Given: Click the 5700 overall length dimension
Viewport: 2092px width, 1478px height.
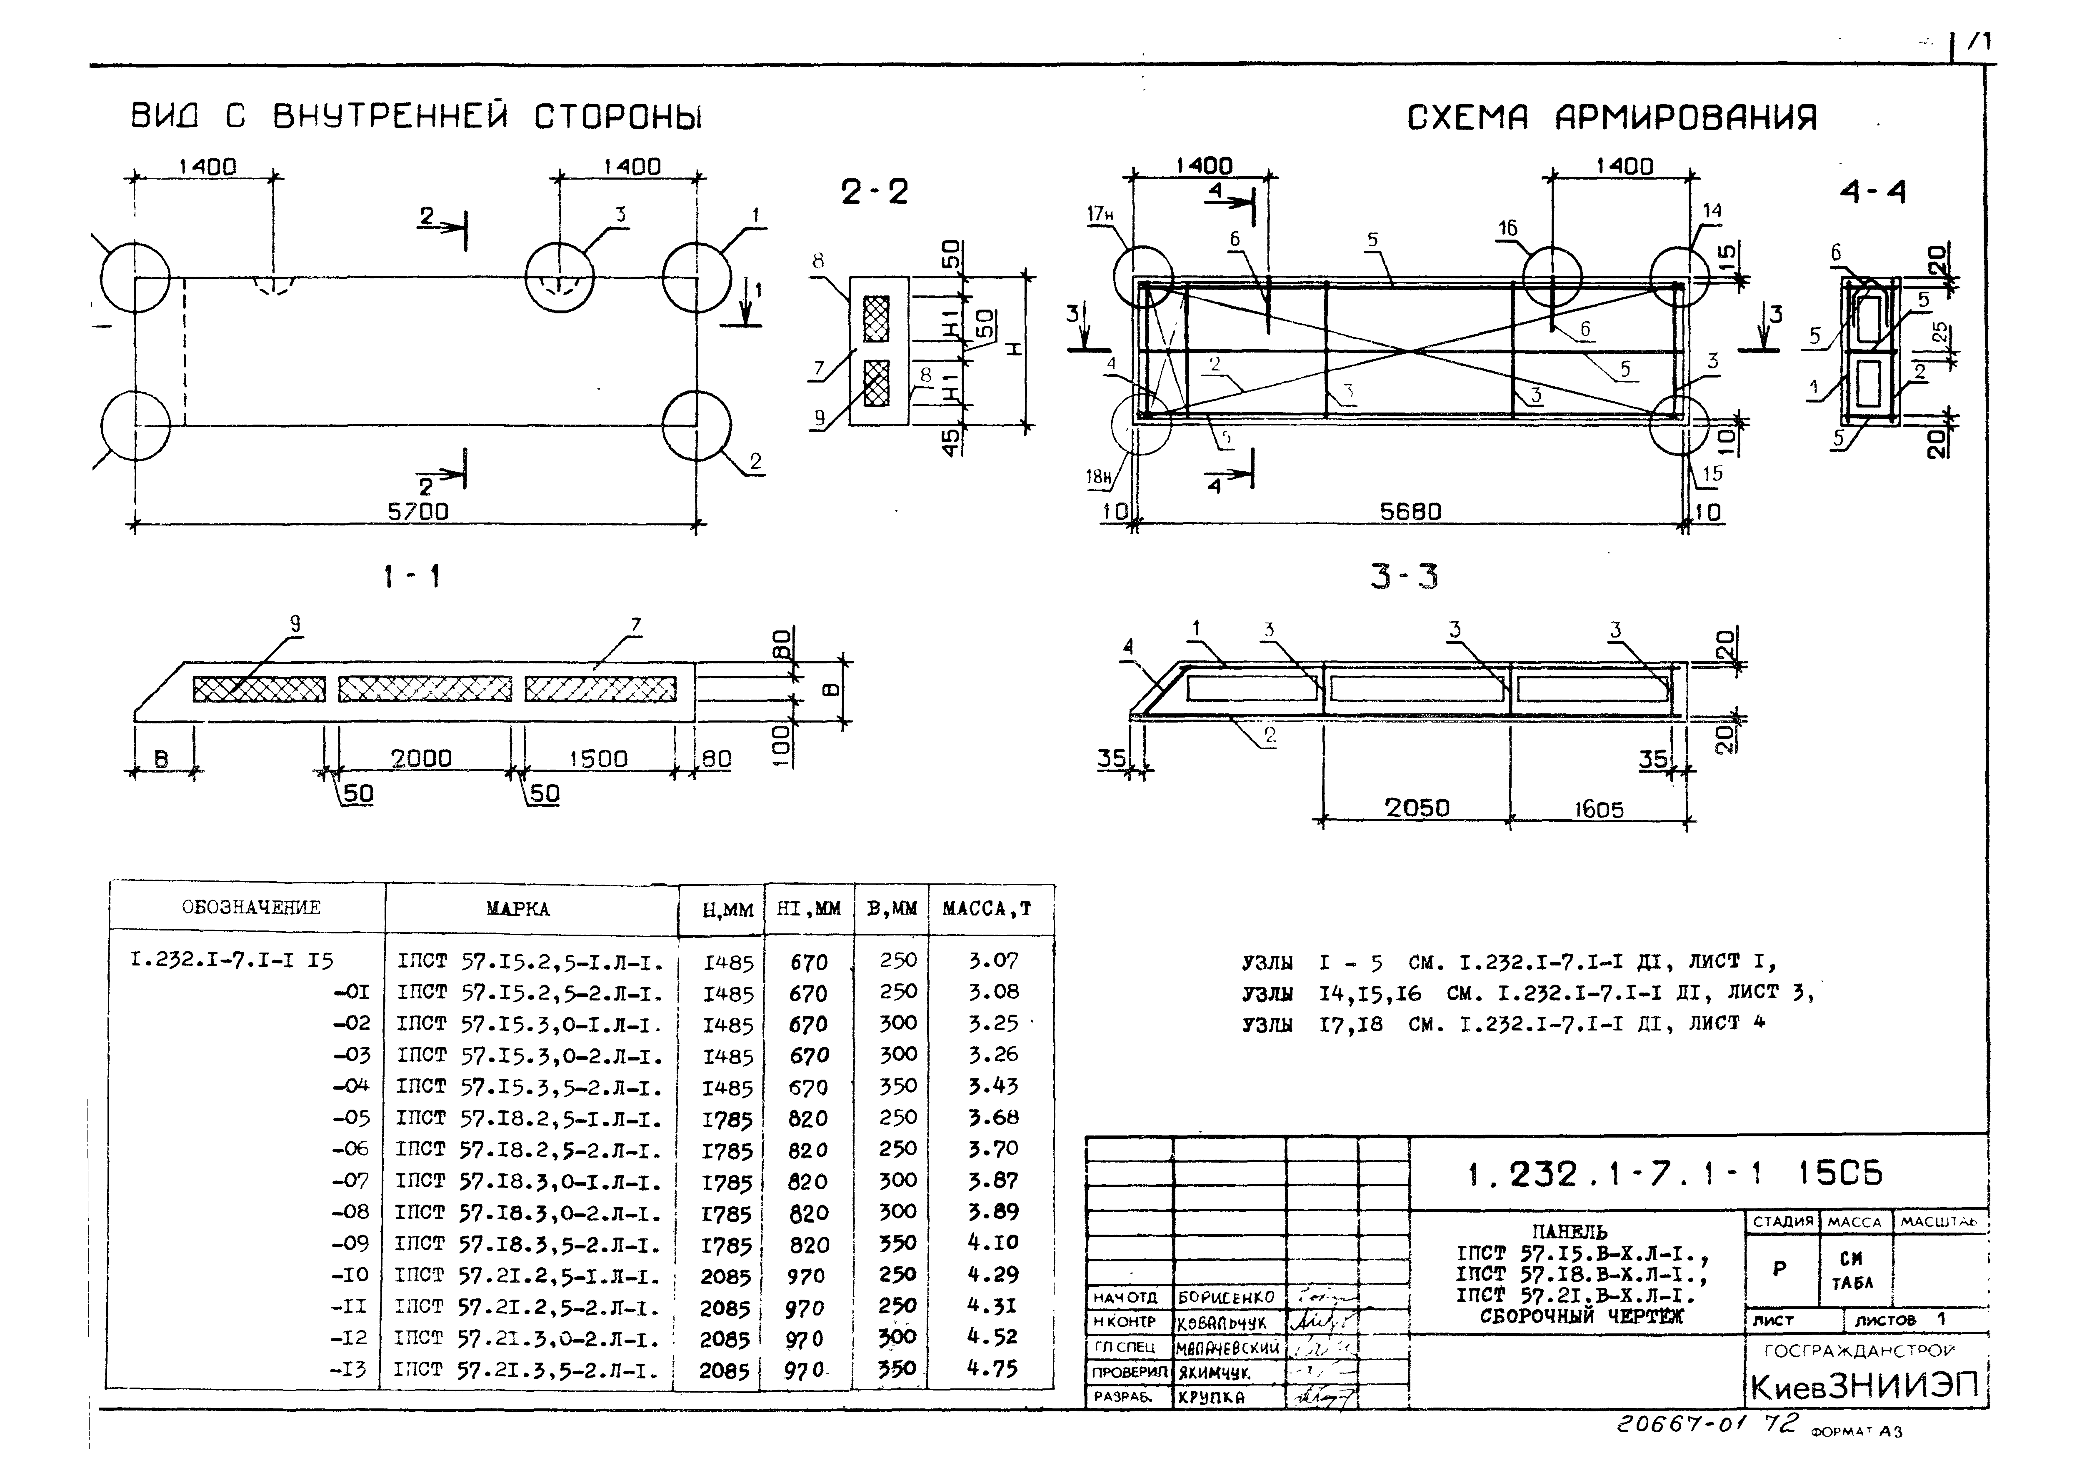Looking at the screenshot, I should (x=418, y=511).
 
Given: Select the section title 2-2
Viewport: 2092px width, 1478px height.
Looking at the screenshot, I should (x=874, y=192).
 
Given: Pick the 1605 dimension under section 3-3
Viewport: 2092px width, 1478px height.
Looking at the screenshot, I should (x=1598, y=809).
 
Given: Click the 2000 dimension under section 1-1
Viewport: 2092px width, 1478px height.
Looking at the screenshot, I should (x=421, y=758).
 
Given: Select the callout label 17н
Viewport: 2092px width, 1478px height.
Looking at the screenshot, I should (x=1100, y=214).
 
